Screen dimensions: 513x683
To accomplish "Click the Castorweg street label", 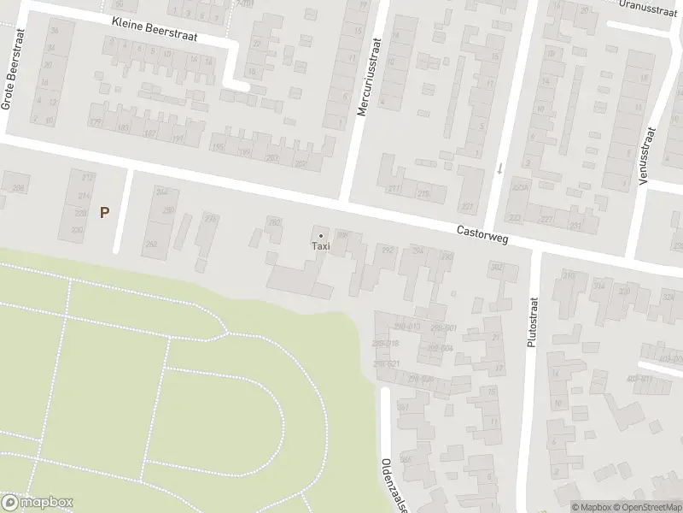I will pos(482,234).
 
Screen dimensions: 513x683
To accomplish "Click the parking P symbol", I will pos(104,213).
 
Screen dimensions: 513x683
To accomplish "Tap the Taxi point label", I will pos(320,247).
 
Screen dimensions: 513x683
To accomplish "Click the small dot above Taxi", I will pos(321,236).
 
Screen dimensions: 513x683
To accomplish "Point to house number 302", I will pos(497,267).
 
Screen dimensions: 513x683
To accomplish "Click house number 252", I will pos(151,245).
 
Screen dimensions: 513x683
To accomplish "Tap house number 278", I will pos(211,219).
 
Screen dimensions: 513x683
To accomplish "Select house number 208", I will pos(16,187).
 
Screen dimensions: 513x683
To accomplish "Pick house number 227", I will pos(467,206).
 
